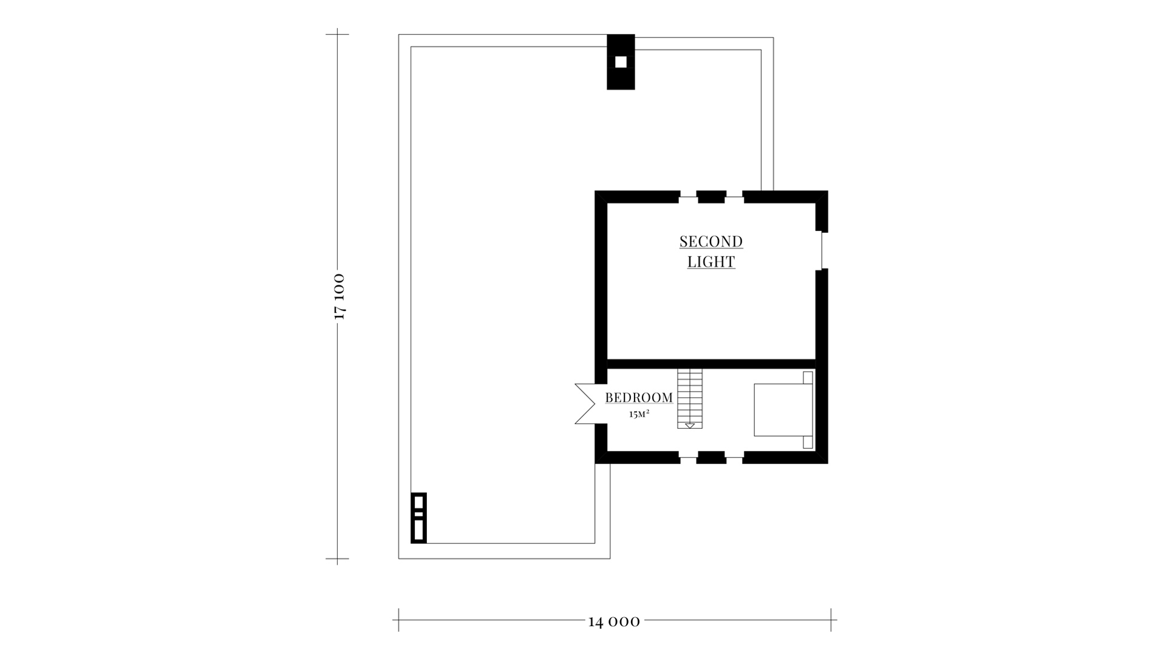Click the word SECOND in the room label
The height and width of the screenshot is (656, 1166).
click(711, 242)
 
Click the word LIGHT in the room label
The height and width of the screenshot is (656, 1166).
click(711, 262)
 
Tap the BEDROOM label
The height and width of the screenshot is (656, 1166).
click(639, 398)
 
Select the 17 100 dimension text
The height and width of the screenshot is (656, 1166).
click(339, 296)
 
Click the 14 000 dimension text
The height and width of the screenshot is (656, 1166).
click(614, 621)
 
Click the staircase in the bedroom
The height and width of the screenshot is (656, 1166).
click(690, 398)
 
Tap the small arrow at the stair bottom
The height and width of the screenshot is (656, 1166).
click(690, 426)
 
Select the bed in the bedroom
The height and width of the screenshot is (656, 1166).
click(783, 410)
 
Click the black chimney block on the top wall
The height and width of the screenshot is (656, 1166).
click(621, 62)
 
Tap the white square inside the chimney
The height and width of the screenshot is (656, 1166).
click(621, 62)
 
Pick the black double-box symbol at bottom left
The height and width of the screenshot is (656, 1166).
click(418, 518)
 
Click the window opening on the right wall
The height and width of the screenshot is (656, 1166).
click(822, 250)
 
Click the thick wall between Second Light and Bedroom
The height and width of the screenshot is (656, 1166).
click(711, 364)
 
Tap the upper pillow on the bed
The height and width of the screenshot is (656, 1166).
click(808, 378)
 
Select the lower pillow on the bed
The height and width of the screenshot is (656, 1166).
click(808, 442)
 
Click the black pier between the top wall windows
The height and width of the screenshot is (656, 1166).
click(711, 197)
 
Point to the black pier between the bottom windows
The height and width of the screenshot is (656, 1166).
click(711, 457)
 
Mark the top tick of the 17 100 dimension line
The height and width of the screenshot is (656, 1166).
click(338, 35)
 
